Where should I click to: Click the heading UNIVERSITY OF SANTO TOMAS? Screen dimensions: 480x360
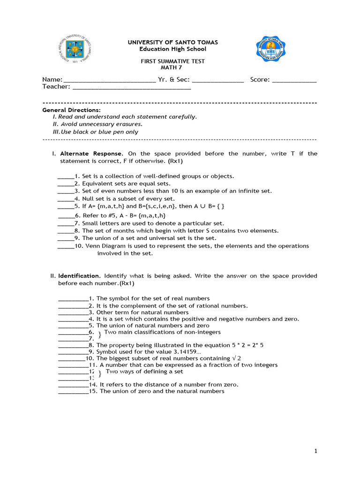tap(173, 42)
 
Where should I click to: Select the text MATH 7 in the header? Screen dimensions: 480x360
tap(173, 67)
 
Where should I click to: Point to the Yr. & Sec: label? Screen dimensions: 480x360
tap(174, 79)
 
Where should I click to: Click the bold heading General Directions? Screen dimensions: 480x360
tap(65, 110)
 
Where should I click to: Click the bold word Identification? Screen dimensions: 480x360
tap(79, 276)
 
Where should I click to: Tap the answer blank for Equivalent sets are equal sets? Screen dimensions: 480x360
tap(66, 184)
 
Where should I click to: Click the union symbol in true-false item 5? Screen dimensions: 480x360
tap(196, 206)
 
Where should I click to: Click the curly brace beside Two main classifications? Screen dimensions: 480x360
tap(99, 335)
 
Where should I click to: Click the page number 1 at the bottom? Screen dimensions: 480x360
tap(316, 451)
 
